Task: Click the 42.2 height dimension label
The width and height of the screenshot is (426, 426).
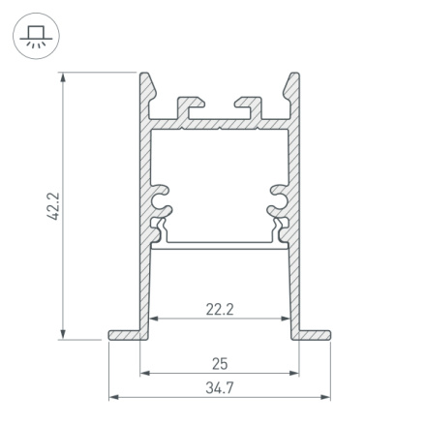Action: [54, 205]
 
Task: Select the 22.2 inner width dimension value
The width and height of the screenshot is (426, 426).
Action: [220, 310]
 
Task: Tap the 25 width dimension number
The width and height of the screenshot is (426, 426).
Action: [220, 364]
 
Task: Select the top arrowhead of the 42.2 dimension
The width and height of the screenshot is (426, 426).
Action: [63, 76]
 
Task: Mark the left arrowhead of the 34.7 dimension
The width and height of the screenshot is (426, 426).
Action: [110, 395]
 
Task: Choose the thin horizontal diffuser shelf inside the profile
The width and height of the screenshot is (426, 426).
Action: [220, 243]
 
